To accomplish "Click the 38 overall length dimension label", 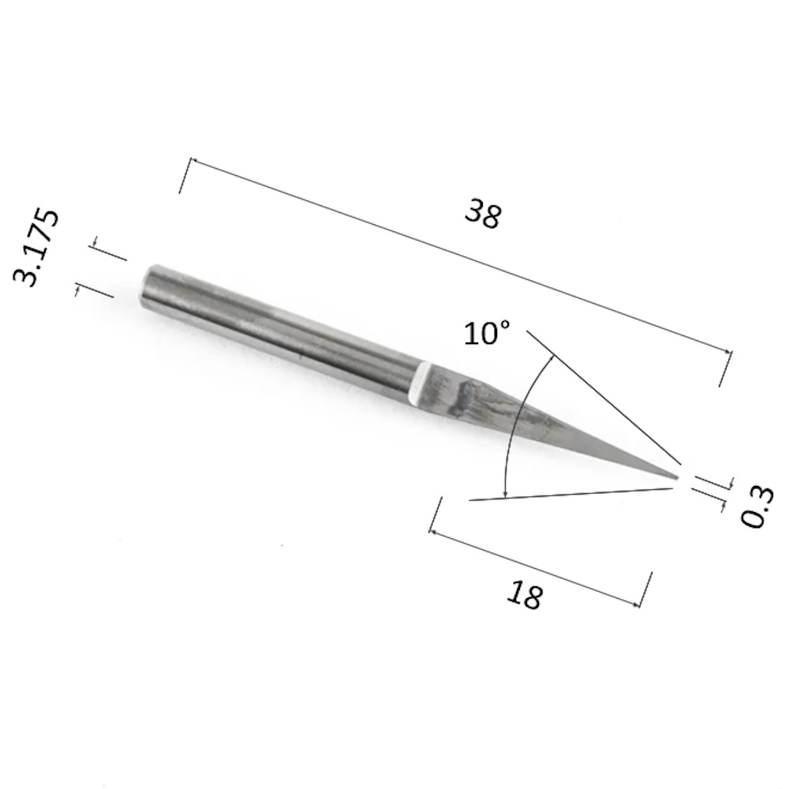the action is point(483,213).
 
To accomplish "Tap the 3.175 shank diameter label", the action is point(36,248).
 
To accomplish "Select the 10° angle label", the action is point(487,333).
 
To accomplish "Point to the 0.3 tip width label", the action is point(757,507).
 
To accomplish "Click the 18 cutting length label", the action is point(525,594).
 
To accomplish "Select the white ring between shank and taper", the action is point(419,384).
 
